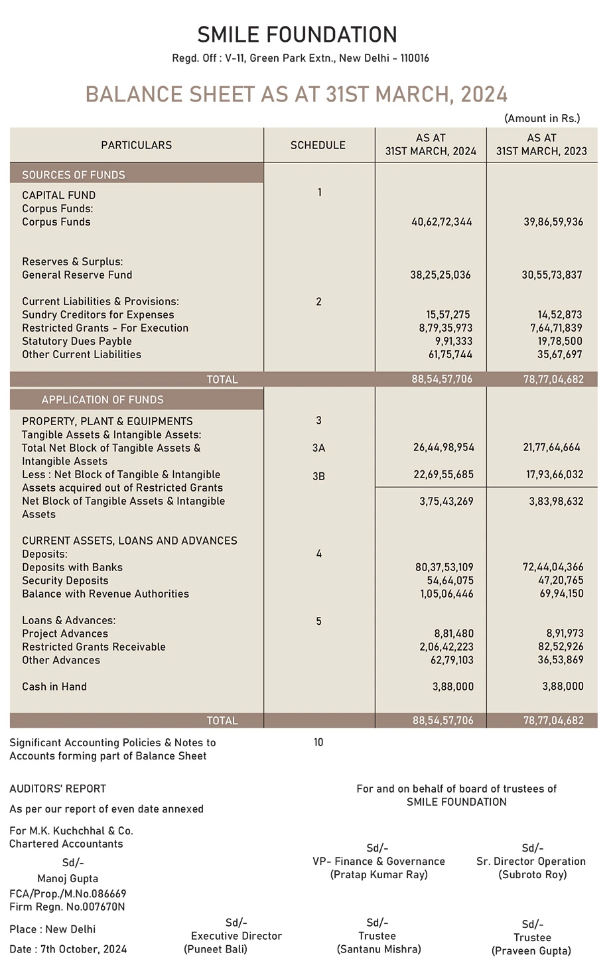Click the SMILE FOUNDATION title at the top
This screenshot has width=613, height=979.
point(297,34)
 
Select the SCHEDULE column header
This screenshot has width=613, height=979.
point(318,145)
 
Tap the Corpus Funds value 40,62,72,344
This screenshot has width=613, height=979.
point(442,222)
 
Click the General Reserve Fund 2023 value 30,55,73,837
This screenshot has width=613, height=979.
point(552,275)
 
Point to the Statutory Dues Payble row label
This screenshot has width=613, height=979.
point(77,342)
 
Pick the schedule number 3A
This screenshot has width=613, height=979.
point(318,448)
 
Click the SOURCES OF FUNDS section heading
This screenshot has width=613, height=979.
point(74,175)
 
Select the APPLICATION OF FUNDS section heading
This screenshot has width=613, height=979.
point(102,400)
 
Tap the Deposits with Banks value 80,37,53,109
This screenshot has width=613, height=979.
point(444,568)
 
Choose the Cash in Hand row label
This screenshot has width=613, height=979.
point(54,687)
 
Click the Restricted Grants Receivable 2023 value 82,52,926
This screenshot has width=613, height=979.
point(561,647)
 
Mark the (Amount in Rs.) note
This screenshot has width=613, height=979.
point(542,119)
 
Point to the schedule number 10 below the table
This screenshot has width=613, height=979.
point(318,743)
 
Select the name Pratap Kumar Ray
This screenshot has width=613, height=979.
point(379,875)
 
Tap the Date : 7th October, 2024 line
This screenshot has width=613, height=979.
point(68,949)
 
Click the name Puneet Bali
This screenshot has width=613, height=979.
point(216,950)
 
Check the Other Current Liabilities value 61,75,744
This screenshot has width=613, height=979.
point(450,355)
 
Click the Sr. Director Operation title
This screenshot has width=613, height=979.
point(531,862)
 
